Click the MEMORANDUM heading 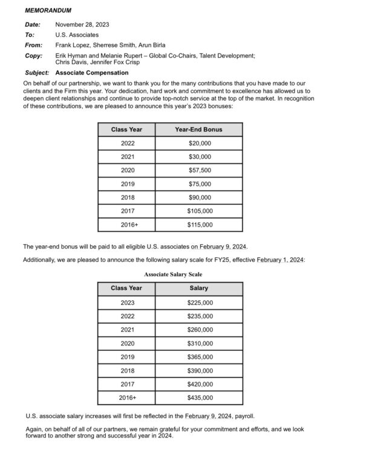pos(48,11)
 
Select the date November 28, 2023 pos(82,25)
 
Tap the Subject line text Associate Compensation pos(92,73)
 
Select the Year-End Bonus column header pos(198,130)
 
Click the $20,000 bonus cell pos(200,144)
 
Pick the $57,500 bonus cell pos(200,171)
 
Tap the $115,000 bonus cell pos(200,225)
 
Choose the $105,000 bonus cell pos(200,211)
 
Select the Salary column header pos(198,288)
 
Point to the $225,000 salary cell pos(200,303)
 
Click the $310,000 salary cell pos(200,344)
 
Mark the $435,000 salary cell pos(200,398)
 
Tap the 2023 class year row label pos(128,303)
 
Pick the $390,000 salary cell pos(200,371)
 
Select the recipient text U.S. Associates pos(77,35)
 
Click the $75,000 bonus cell pos(200,184)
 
